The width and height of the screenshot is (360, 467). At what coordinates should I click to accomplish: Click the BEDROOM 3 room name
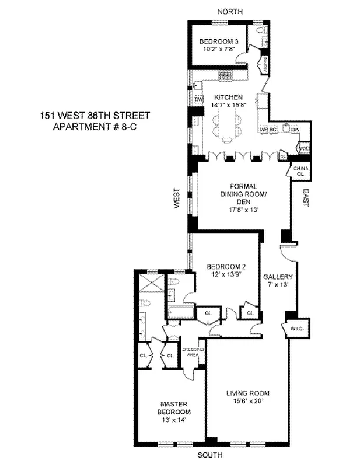pos(216,41)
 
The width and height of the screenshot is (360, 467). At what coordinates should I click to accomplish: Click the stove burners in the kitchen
pos(225,75)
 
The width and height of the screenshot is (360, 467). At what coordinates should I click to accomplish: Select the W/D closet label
pos(304,149)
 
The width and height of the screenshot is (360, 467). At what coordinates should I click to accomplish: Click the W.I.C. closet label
pos(294,329)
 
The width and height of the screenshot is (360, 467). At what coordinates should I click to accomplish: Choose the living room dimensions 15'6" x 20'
pos(247,401)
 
